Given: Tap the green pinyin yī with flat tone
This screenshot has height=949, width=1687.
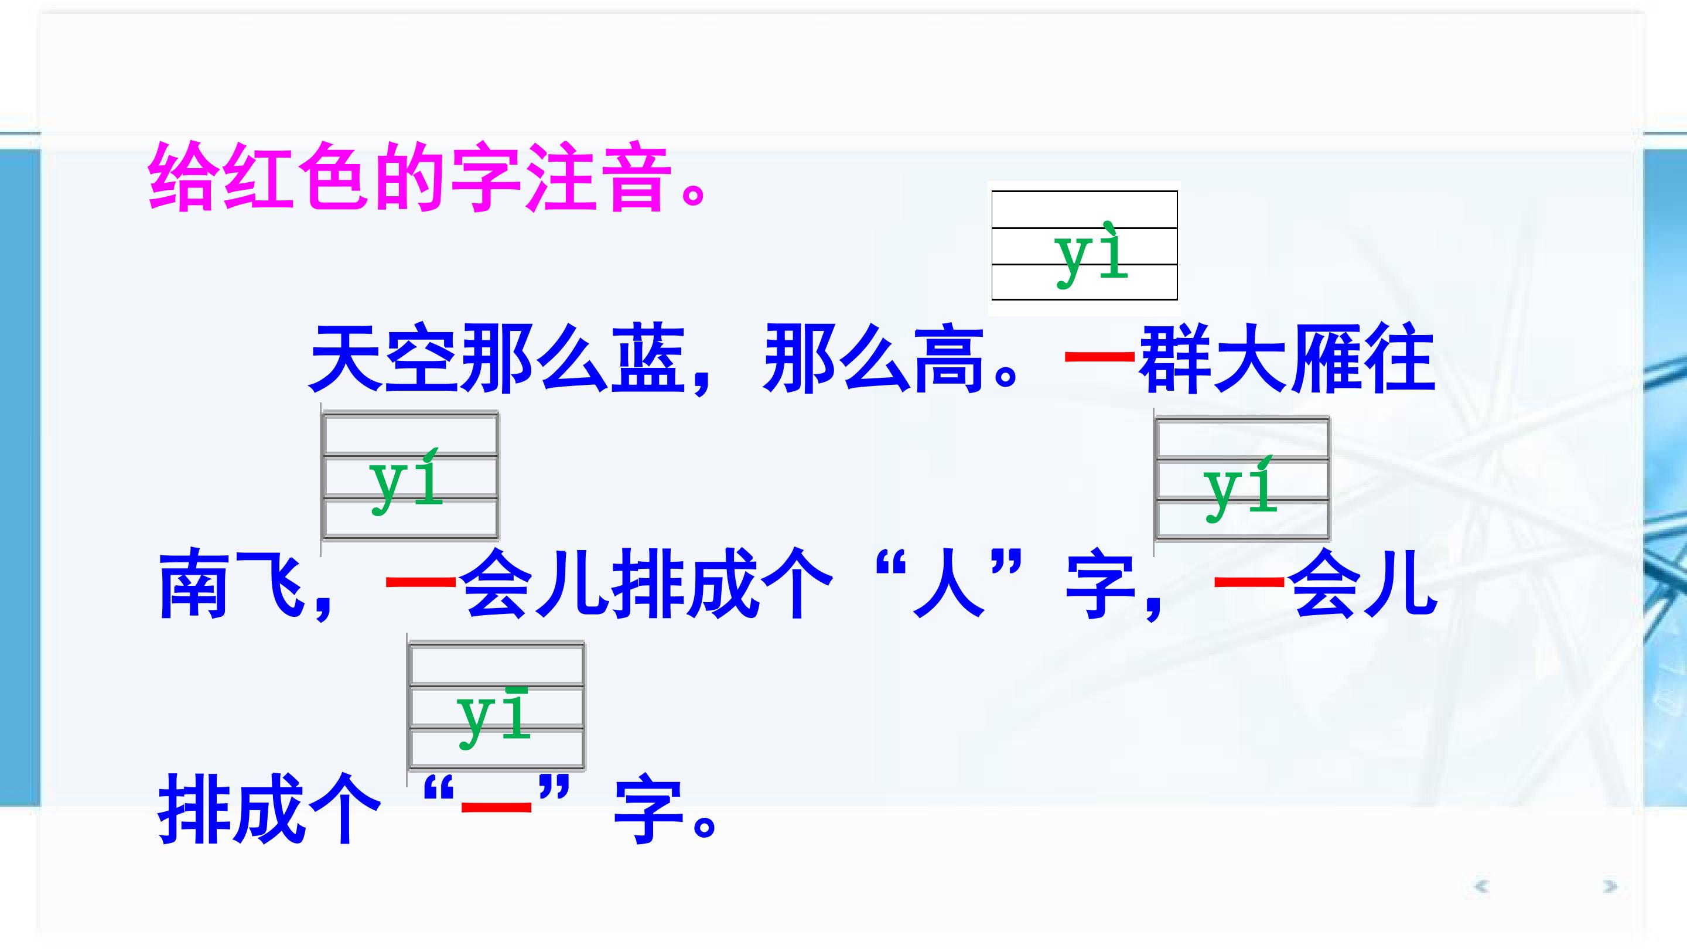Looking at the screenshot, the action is pyautogui.click(x=494, y=717).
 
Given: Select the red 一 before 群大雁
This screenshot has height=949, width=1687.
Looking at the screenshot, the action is pyautogui.click(x=1099, y=357).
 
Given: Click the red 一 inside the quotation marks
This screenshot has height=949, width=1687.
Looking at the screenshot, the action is pyautogui.click(x=496, y=804).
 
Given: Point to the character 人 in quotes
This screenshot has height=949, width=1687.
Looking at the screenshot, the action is pyautogui.click(x=949, y=584).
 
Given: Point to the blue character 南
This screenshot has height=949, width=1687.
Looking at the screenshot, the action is pyautogui.click(x=194, y=584).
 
